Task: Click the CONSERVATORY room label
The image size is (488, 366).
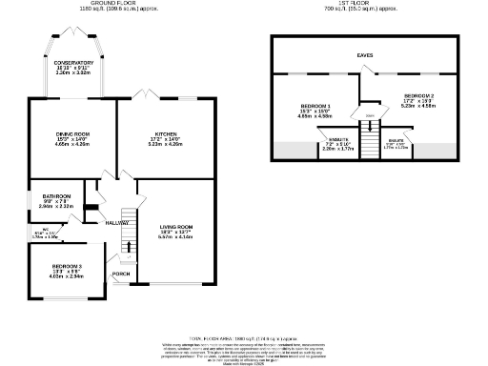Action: point(72,63)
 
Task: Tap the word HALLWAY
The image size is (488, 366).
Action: point(116,222)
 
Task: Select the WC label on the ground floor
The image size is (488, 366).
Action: point(33,229)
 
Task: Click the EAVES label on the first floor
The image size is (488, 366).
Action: point(365,55)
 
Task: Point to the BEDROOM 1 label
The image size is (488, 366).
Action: point(315,105)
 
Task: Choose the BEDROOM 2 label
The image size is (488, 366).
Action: point(419,96)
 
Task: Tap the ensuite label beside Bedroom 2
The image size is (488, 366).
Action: point(395,142)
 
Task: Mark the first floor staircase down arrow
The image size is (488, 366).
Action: point(368,118)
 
